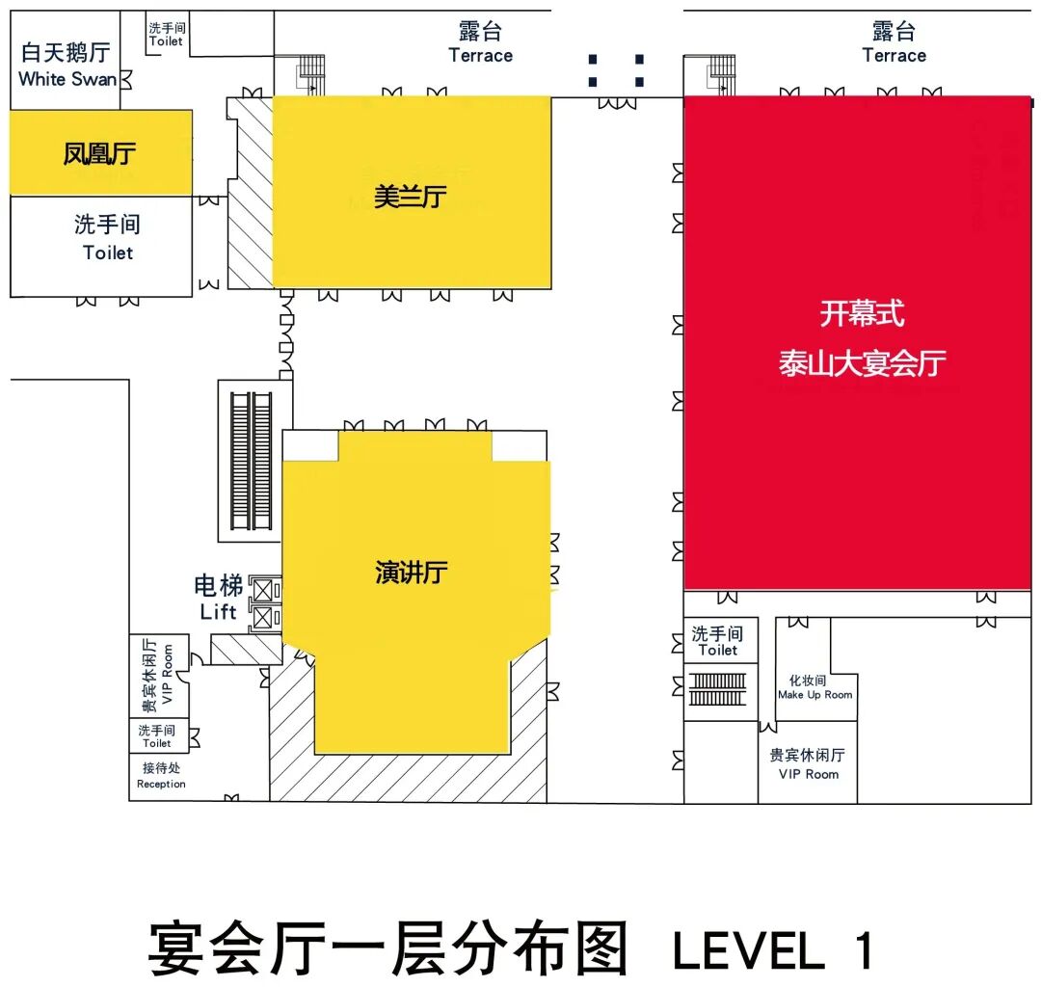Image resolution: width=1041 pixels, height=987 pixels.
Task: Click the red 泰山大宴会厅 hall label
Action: tap(862, 364)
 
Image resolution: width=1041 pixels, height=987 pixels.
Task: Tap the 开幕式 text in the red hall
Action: tap(862, 314)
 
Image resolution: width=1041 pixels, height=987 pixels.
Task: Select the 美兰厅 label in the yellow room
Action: tap(411, 198)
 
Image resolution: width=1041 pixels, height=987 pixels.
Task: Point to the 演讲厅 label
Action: tap(412, 573)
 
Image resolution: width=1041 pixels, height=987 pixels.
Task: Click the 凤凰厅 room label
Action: tap(100, 153)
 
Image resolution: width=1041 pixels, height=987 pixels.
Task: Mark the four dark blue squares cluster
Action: tap(616, 70)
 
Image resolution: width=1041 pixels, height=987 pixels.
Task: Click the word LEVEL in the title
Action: tap(748, 950)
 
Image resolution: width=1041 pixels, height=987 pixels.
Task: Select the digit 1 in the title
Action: tap(862, 950)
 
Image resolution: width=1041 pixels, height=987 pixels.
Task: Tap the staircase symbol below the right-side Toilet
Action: tap(718, 688)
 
